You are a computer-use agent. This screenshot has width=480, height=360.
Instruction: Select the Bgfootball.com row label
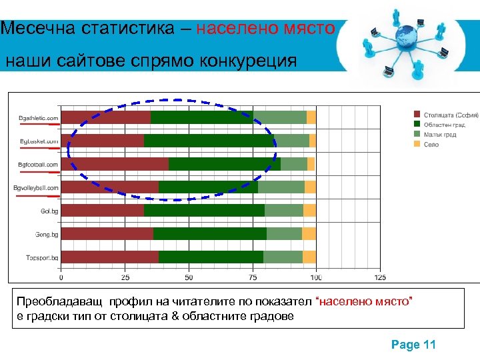pos(38,165)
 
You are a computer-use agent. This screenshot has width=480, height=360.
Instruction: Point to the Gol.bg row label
pos(49,211)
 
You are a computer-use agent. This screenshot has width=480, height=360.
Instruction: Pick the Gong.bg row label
pos(47,235)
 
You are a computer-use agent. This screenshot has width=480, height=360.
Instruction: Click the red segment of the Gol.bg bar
pos(102,211)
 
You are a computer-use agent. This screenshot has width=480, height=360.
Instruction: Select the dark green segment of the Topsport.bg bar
pos(211,257)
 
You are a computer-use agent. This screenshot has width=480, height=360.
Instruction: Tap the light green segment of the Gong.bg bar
pos(284,233)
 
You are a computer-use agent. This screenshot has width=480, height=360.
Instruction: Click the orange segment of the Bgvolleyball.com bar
pos(310,187)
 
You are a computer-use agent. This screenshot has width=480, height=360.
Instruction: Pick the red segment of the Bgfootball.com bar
pos(115,164)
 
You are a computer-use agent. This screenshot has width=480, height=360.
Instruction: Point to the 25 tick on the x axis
pos(125,277)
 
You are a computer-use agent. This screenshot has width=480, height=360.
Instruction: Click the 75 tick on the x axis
pos(253,277)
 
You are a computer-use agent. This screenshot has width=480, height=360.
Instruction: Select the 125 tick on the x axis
pos(380,277)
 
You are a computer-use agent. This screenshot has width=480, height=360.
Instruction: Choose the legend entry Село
pos(431,145)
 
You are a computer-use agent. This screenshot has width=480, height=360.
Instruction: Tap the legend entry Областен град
pos(444,125)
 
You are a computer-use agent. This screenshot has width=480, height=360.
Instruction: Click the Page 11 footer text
pos(413,345)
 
